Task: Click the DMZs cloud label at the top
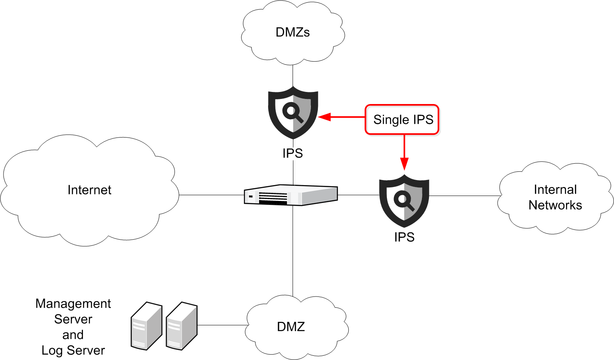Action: pos(293,32)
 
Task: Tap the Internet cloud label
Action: pos(89,190)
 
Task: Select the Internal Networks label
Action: pos(555,197)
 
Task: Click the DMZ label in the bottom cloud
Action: pos(291,326)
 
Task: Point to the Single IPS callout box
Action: pos(402,120)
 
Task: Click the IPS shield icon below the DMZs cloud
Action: pos(293,113)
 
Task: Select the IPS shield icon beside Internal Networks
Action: pos(404,201)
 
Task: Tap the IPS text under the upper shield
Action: pos(293,154)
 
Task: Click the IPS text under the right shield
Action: pos(404,237)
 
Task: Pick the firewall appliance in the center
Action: pos(291,195)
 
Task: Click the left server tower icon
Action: pos(146,326)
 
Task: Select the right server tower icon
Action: pos(182,326)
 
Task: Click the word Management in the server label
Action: pos(73,304)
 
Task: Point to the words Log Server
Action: pos(73,350)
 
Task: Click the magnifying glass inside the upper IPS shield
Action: pos(293,113)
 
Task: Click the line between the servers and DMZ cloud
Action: pos(222,325)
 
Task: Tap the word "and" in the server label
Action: pos(73,335)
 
